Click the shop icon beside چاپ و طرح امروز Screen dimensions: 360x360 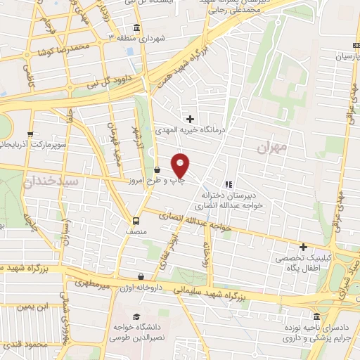coord(157,169)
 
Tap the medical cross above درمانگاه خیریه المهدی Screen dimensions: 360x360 coord(190,120)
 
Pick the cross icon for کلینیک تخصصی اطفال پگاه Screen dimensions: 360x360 coord(303,247)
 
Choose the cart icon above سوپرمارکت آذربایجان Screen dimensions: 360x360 coord(30,134)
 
